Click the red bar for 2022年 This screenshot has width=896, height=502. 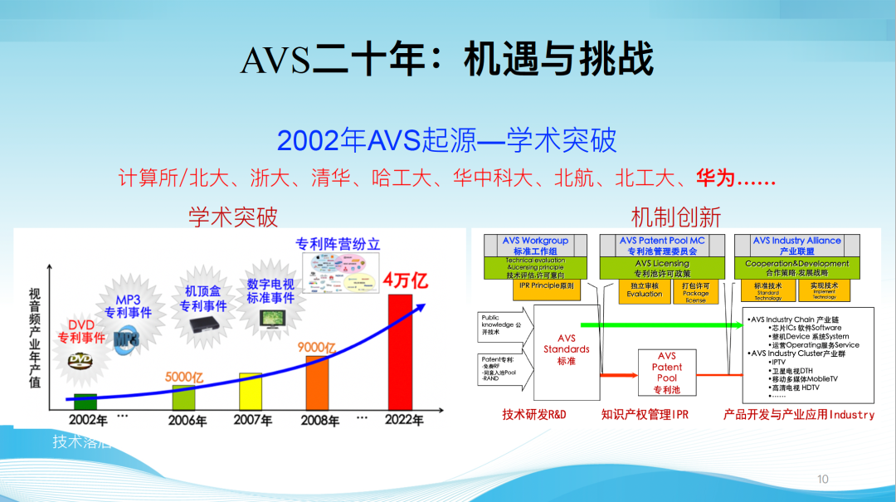(x=400, y=352)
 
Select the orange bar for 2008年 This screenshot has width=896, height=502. (x=317, y=382)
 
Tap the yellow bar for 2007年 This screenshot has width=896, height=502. (x=251, y=391)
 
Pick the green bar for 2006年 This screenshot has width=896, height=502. (x=183, y=397)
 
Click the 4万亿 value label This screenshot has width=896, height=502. (x=406, y=280)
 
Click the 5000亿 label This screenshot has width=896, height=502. (x=184, y=377)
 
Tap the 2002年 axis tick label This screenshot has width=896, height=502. (x=88, y=419)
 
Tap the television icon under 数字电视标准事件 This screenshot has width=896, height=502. (x=270, y=318)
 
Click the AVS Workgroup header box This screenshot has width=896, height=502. (x=534, y=246)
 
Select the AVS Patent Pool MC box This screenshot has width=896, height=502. (x=661, y=246)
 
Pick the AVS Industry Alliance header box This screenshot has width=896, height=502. (x=796, y=246)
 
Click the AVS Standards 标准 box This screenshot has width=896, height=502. (x=567, y=349)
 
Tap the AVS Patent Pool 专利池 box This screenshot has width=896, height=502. (x=666, y=373)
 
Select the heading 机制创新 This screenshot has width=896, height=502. (x=675, y=217)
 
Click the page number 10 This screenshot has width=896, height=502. (x=823, y=479)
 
